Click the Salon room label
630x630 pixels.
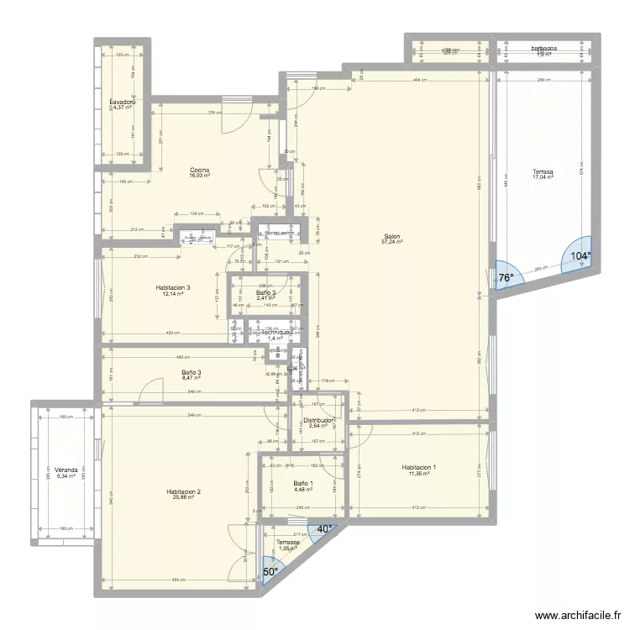click(391, 236)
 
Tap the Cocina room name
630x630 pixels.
click(199, 170)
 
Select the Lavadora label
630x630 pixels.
click(123, 102)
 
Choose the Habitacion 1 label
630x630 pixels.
click(418, 467)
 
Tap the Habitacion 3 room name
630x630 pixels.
click(173, 287)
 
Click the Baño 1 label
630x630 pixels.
click(303, 483)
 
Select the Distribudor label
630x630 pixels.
click(319, 420)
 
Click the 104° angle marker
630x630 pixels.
click(580, 256)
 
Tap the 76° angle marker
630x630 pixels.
click(506, 277)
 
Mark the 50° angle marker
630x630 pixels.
click(270, 571)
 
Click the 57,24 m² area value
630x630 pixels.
click(391, 242)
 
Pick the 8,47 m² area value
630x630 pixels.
click(191, 378)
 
